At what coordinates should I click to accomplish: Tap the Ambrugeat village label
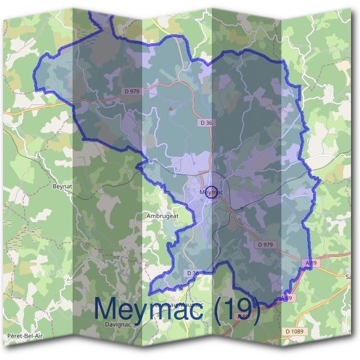[x=163, y=215]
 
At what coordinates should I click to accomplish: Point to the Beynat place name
[x=62, y=187]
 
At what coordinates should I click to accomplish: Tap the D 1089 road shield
[x=294, y=331]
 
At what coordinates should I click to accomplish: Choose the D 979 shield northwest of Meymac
[x=133, y=91]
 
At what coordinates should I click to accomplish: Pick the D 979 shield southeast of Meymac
[x=265, y=244]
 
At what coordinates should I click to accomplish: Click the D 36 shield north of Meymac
[x=206, y=122]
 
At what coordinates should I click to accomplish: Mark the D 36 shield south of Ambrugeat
[x=193, y=273]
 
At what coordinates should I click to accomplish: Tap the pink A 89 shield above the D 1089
[x=287, y=298]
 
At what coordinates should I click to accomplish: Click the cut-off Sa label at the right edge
[x=348, y=277]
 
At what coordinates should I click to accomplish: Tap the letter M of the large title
[x=109, y=309]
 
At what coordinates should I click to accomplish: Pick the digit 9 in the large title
[x=247, y=310]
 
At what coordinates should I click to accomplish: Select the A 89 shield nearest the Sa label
[x=310, y=263]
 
